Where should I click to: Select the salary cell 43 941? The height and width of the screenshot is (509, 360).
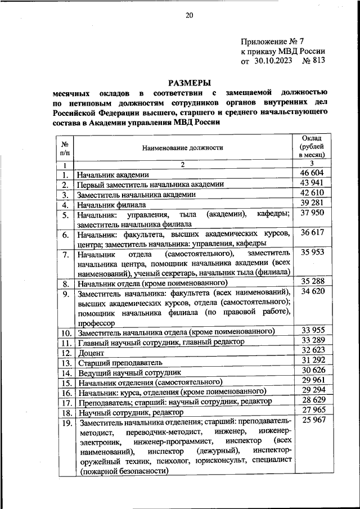tap(312, 183)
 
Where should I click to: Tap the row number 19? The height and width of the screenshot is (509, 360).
tap(66, 423)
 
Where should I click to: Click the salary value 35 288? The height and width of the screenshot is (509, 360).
tap(312, 280)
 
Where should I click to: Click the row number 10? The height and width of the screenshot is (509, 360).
tap(66, 334)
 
